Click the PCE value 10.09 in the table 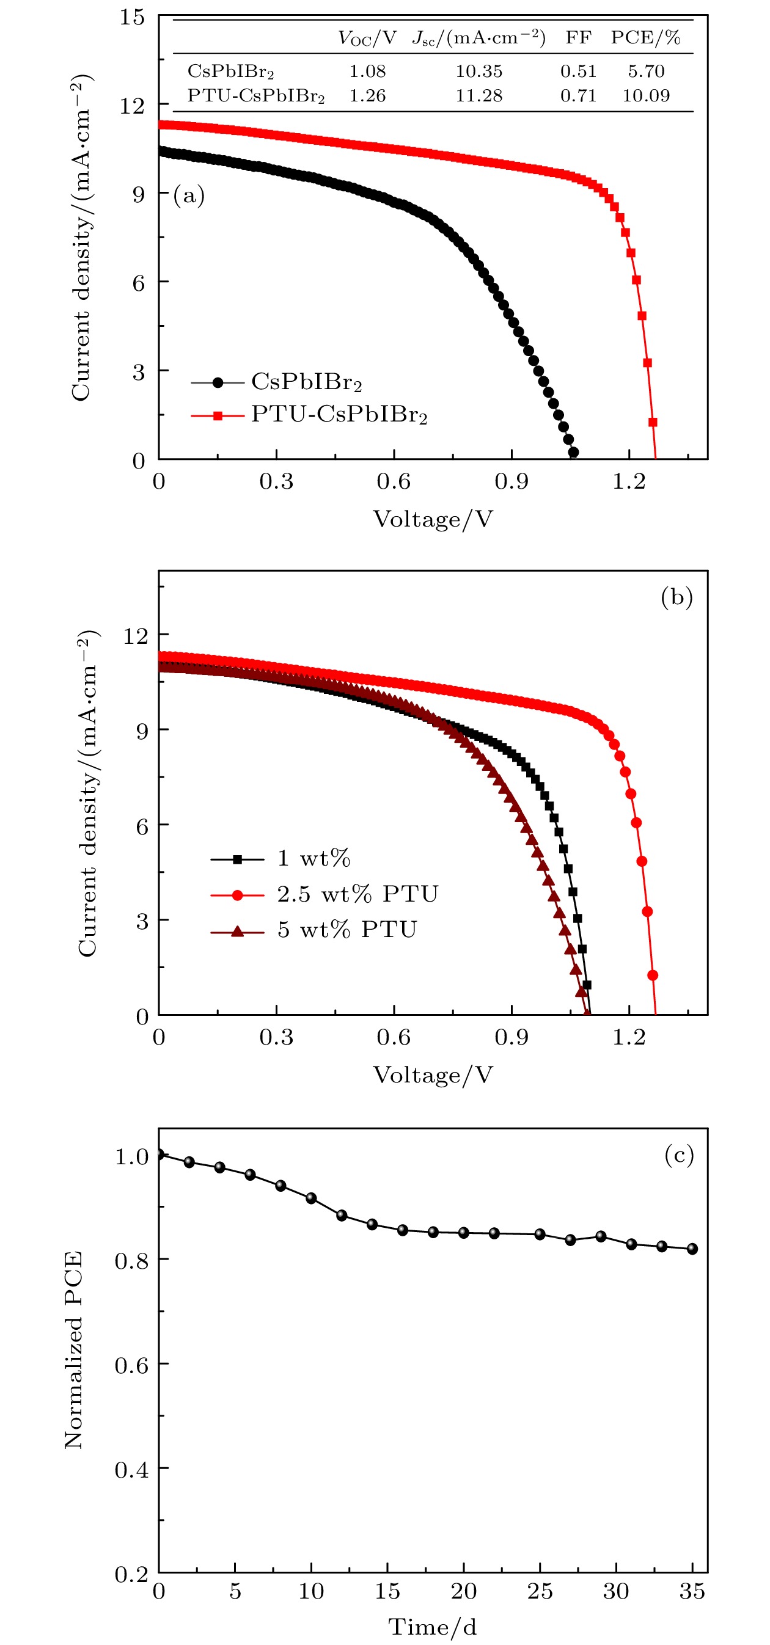pyautogui.click(x=645, y=96)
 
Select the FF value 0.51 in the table pyautogui.click(x=577, y=71)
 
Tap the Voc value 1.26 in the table pyautogui.click(x=367, y=96)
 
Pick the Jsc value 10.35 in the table pyautogui.click(x=479, y=71)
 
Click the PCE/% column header pyautogui.click(x=645, y=38)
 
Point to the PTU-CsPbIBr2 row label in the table pyautogui.click(x=255, y=96)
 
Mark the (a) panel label pyautogui.click(x=189, y=195)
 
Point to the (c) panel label pyautogui.click(x=678, y=1154)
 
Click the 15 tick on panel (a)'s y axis pyautogui.click(x=132, y=17)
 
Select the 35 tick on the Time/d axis pyautogui.click(x=691, y=1591)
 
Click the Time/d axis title pyautogui.click(x=433, y=1627)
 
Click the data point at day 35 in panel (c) pyautogui.click(x=692, y=1249)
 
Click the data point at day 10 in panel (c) pyautogui.click(x=311, y=1198)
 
